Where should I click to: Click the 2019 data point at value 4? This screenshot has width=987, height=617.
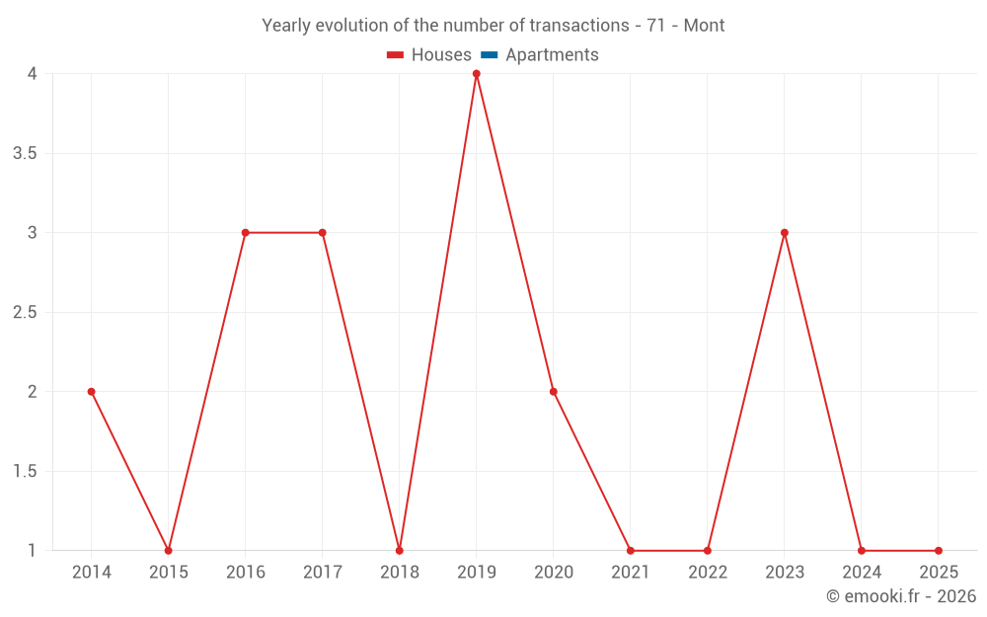[x=476, y=74]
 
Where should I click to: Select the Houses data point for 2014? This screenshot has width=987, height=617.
[x=91, y=392]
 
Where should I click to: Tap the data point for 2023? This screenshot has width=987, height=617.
[x=784, y=233]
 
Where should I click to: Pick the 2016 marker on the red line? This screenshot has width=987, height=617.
[x=245, y=233]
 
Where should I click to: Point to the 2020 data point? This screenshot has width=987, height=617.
[x=553, y=392]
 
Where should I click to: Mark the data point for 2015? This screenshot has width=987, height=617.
[x=168, y=551]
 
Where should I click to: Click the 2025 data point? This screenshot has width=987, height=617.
[x=938, y=551]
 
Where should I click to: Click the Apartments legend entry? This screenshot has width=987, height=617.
[x=552, y=55]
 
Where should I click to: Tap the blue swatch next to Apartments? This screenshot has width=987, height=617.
[x=489, y=55]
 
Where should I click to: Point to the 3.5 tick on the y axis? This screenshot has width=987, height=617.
[x=25, y=153]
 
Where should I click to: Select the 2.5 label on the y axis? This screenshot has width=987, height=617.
[x=25, y=313]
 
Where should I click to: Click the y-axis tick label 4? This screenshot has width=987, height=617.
[x=33, y=74]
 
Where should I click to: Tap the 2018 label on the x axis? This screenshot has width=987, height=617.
[x=399, y=573]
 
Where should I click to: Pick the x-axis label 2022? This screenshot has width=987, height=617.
[x=707, y=573]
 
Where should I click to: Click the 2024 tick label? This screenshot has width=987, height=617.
[x=861, y=573]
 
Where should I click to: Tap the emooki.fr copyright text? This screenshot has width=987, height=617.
[x=900, y=596]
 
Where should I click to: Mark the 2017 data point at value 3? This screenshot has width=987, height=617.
[x=322, y=233]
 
